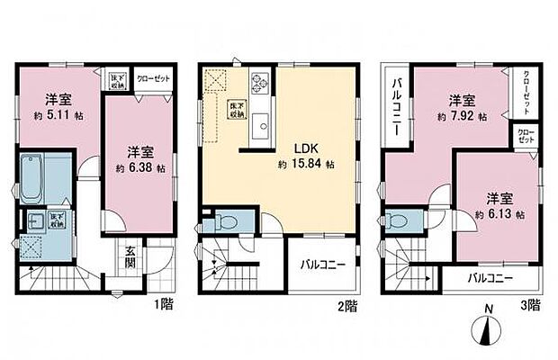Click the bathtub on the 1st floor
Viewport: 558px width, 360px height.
coord(38,179)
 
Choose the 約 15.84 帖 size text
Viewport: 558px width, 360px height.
coord(305,165)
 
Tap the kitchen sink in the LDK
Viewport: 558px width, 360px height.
coord(264,125)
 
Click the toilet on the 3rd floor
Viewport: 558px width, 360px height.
coord(401,219)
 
